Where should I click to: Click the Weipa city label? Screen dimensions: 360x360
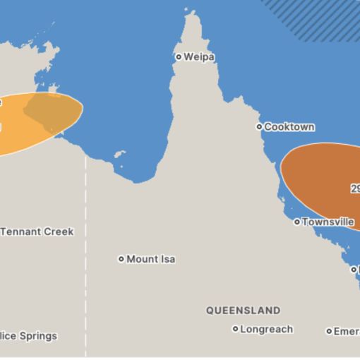199,56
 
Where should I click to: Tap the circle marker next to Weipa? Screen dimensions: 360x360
179,56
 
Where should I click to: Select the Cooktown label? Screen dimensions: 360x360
289,127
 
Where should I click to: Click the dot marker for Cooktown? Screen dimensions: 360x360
259,127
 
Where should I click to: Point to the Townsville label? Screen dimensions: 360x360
328,222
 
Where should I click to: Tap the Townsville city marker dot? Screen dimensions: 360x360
297,222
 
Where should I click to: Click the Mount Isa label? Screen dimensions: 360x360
151,259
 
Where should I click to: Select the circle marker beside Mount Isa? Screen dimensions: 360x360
121,259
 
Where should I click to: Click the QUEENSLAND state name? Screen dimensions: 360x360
243,310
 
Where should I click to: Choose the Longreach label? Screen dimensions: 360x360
266,329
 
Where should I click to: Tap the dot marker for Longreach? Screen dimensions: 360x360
236,329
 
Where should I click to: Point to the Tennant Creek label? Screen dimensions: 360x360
37,232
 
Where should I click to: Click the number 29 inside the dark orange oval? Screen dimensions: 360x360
355,188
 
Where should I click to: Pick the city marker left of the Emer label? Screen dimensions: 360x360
329,331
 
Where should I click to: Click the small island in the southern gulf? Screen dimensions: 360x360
119,154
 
